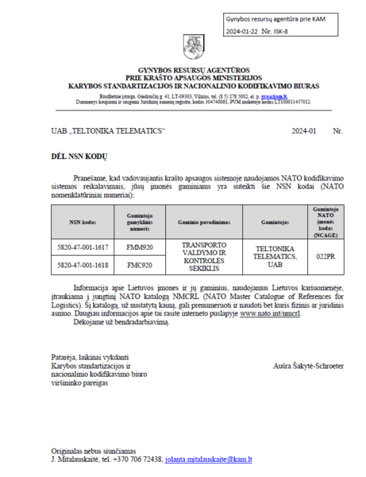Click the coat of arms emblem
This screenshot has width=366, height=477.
click(x=194, y=46)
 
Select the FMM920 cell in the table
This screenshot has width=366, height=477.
click(x=139, y=247)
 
